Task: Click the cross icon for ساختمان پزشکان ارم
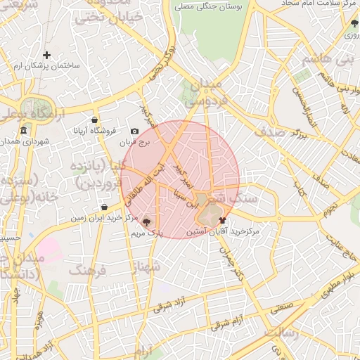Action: pyautogui.click(x=46, y=55)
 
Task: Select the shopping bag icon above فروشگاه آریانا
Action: pyautogui.click(x=94, y=120)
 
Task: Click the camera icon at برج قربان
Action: pyautogui.click(x=135, y=131)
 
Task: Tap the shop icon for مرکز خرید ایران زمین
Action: pyautogui.click(x=105, y=207)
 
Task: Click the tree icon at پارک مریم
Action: pyautogui.click(x=146, y=221)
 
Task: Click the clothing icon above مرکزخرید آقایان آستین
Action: pyautogui.click(x=223, y=220)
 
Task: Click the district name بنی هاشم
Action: pyautogui.click(x=326, y=59)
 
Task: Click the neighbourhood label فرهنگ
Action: pyautogui.click(x=87, y=270)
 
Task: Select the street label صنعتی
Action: pyautogui.click(x=279, y=307)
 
